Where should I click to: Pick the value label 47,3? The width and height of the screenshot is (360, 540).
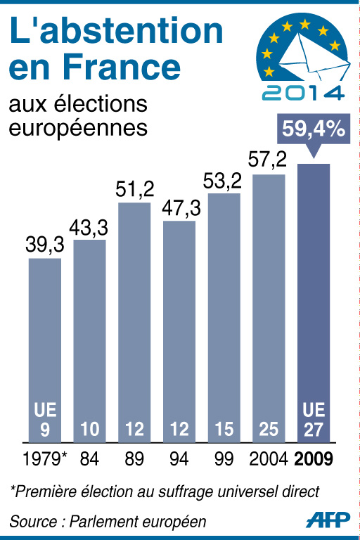point(179,208)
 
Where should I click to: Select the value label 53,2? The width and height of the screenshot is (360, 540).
point(224,180)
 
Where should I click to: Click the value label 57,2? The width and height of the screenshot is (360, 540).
point(269,160)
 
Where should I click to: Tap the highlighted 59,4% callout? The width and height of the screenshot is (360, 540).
point(313,129)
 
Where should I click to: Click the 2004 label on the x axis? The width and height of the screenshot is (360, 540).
point(269,461)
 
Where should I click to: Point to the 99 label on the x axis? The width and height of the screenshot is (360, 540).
point(224,461)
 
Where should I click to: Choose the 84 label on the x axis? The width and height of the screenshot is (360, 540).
point(90,461)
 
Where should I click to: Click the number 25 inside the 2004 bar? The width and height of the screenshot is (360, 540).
point(269,428)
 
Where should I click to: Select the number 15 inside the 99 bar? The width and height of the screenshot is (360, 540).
point(224,428)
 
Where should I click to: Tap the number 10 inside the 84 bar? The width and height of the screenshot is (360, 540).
point(90,428)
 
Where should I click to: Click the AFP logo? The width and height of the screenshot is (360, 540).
point(328,520)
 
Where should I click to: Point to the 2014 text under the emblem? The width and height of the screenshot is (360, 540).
point(302,92)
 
